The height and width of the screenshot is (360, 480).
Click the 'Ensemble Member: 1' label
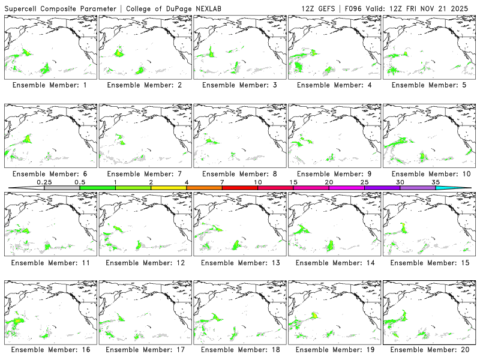tap(50, 85)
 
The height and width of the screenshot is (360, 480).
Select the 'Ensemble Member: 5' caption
tap(428, 85)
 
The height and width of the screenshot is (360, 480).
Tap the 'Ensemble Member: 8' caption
tap(239, 174)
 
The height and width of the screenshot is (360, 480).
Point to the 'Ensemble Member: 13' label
tap(239, 263)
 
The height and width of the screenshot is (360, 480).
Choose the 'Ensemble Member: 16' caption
tap(50, 349)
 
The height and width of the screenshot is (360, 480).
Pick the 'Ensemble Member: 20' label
tap(428, 349)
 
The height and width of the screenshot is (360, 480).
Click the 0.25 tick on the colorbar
tap(44, 182)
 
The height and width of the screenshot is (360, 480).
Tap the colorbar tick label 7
tap(222, 182)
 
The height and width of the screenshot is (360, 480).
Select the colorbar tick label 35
tap(436, 182)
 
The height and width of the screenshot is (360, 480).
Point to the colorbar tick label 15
tap(293, 182)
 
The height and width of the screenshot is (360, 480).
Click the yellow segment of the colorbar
tap(169, 188)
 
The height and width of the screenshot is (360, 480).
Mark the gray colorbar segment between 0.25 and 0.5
tap(62, 188)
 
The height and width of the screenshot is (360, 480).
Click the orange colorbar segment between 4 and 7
tap(204, 188)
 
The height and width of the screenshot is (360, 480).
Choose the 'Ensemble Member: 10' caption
tap(428, 174)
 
